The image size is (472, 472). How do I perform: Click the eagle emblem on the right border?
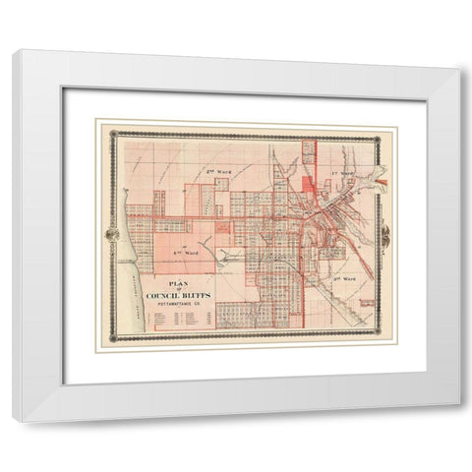click(384, 235)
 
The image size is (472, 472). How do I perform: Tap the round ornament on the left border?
click(109, 235)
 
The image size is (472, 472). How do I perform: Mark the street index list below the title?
click(177, 321)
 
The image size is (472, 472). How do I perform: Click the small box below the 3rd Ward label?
click(368, 305)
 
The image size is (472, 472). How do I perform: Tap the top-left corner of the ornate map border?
click(113, 134)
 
